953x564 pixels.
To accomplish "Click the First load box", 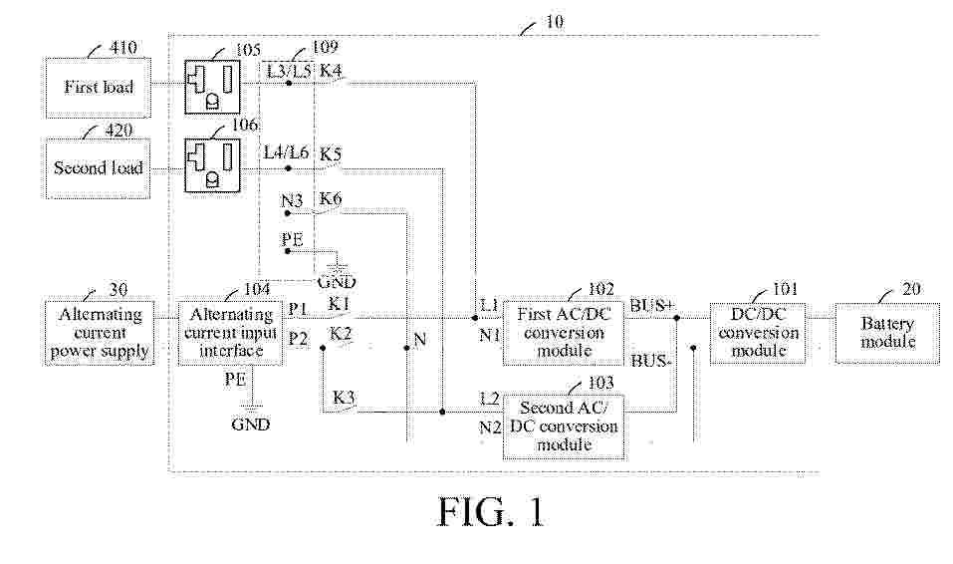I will [x=98, y=87].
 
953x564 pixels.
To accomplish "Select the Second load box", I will [x=98, y=167].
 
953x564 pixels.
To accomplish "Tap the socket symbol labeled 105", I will [x=212, y=87].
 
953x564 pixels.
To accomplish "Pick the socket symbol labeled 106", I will [x=212, y=162].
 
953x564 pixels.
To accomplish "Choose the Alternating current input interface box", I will [x=230, y=332].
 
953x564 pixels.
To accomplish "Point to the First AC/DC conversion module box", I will [x=564, y=332].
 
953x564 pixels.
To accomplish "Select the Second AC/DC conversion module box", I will [x=564, y=426].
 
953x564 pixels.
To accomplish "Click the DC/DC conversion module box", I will [x=758, y=332].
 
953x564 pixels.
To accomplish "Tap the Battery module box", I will [x=887, y=332].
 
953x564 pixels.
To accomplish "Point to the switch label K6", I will [x=331, y=199].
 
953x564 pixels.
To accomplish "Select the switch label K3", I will [x=344, y=397].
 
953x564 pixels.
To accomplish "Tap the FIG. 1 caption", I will [x=492, y=512].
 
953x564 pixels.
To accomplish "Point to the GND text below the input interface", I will [x=250, y=424].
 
